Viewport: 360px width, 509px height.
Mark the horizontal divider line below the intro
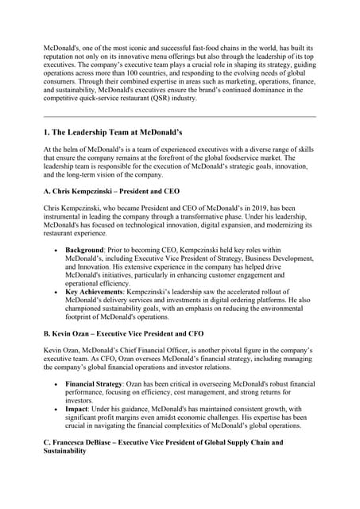click(x=180, y=116)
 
